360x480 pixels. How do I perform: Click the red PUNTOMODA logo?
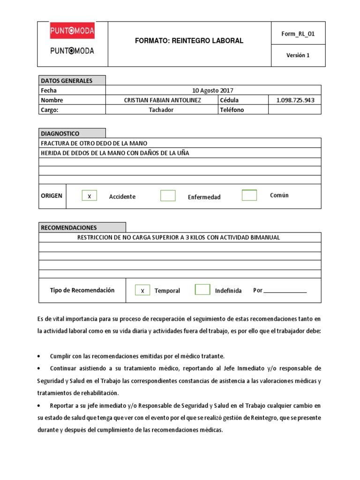(72, 31)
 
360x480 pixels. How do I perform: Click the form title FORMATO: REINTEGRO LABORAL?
(189, 41)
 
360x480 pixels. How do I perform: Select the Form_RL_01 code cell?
(298, 33)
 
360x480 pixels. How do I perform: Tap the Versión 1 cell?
(298, 55)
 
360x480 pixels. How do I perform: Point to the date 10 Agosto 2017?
(213, 90)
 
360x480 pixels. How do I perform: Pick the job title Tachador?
(161, 110)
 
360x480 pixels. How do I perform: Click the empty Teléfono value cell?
(294, 110)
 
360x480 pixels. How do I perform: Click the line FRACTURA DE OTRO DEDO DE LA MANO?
(97, 143)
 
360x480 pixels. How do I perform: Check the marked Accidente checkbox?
(89, 196)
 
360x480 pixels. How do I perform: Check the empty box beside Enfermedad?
(168, 196)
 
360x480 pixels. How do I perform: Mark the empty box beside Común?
(249, 195)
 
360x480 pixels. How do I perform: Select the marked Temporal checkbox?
(142, 290)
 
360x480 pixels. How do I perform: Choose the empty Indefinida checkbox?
(202, 290)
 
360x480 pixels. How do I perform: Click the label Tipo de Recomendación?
(82, 290)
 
